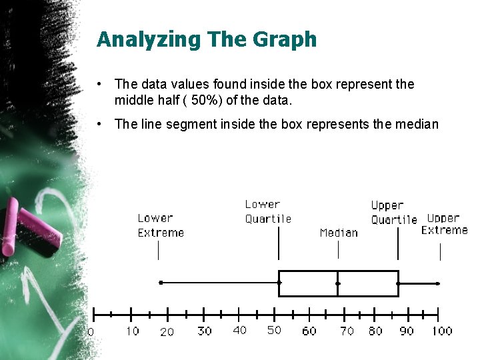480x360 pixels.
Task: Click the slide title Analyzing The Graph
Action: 207,39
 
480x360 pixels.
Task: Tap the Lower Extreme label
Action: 161,225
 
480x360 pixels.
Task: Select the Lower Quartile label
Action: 268,211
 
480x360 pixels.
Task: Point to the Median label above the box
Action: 339,233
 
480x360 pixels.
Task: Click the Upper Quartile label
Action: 393,212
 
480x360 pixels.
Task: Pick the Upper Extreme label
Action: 444,224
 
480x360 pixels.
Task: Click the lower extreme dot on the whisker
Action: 161,283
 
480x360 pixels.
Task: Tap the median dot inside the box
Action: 338,283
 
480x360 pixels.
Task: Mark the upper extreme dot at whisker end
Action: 438,283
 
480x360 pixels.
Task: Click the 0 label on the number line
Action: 91,331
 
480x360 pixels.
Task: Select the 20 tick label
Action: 167,331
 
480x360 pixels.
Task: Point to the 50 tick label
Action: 274,330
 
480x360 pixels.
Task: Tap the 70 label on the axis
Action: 347,331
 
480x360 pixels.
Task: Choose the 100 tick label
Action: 441,331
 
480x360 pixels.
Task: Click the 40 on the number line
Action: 240,330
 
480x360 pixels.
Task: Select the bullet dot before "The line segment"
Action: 98,123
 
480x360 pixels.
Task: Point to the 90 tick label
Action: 406,331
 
